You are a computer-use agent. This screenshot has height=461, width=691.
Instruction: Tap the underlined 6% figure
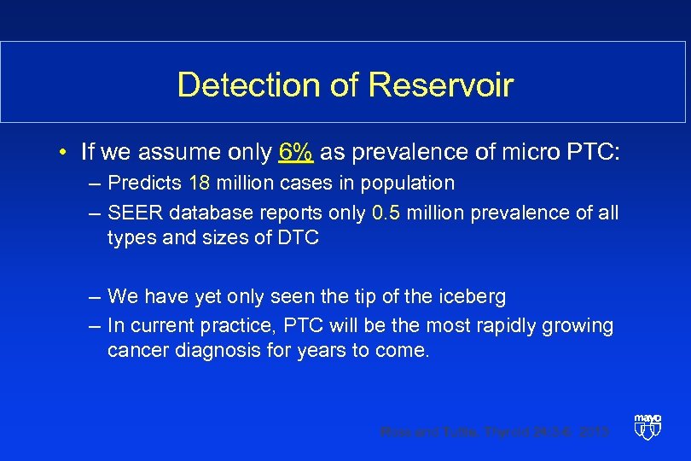295,153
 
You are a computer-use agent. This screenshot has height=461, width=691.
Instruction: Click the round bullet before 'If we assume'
64,154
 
